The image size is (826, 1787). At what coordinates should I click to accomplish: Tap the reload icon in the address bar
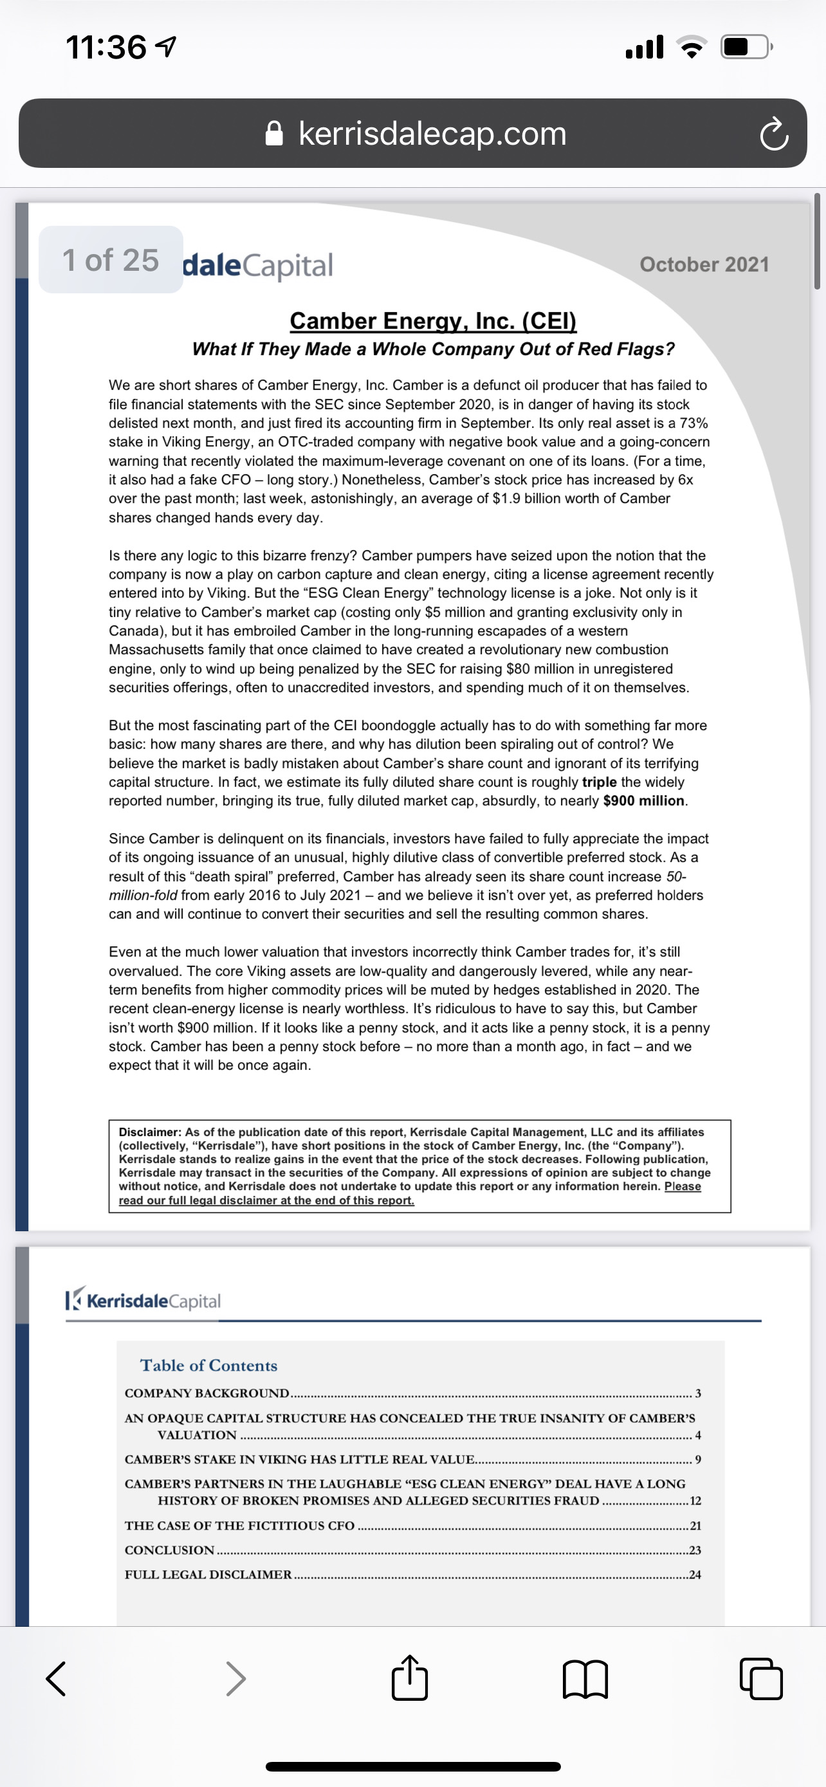(x=773, y=134)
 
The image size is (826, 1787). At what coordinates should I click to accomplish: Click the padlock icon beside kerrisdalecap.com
(x=275, y=134)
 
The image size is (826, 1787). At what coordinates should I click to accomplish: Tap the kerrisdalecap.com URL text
(x=432, y=133)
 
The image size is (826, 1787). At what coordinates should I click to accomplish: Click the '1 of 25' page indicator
(x=111, y=260)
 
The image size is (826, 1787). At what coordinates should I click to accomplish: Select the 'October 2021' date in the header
(x=704, y=264)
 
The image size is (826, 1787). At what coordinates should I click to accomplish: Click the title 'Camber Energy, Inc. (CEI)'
(x=433, y=320)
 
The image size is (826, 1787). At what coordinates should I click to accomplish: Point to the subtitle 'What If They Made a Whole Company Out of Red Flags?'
(x=433, y=349)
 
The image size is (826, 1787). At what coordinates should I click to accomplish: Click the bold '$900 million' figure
(x=643, y=800)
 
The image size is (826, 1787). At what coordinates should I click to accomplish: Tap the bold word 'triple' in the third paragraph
(x=599, y=782)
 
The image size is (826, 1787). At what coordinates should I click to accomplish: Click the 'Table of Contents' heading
(x=209, y=1365)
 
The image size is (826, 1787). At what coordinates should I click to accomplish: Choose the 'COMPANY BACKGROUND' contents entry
(x=206, y=1393)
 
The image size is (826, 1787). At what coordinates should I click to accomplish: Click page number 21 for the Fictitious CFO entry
(x=695, y=1525)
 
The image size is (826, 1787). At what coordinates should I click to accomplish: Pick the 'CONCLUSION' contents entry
(x=169, y=1550)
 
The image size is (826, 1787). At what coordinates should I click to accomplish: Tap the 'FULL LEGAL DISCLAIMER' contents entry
(x=208, y=1575)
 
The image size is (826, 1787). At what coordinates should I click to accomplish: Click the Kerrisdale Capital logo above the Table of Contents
(x=143, y=1301)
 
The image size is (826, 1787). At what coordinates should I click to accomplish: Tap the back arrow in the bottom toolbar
(x=56, y=1679)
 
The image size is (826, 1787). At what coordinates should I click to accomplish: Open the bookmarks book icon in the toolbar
(x=585, y=1679)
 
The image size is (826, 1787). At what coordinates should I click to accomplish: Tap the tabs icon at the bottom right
(x=761, y=1679)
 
